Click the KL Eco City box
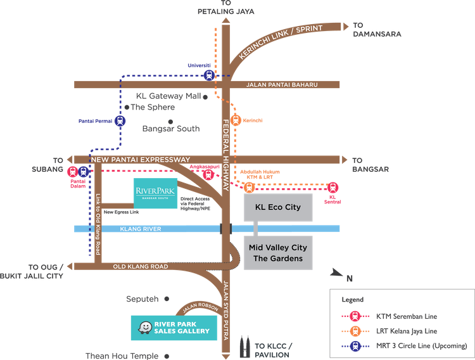(278, 207)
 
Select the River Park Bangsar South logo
(155, 190)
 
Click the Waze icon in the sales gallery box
(145, 326)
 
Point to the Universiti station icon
(209, 75)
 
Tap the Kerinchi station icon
(236, 120)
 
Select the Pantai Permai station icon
(118, 120)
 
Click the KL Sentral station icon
(333, 188)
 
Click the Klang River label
(143, 228)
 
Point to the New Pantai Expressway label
(140, 159)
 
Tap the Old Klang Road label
(141, 267)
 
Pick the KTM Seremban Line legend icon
(357, 316)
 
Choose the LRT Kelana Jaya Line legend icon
(357, 331)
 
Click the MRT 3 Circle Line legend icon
(357, 345)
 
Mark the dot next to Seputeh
(166, 298)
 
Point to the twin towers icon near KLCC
(244, 347)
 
